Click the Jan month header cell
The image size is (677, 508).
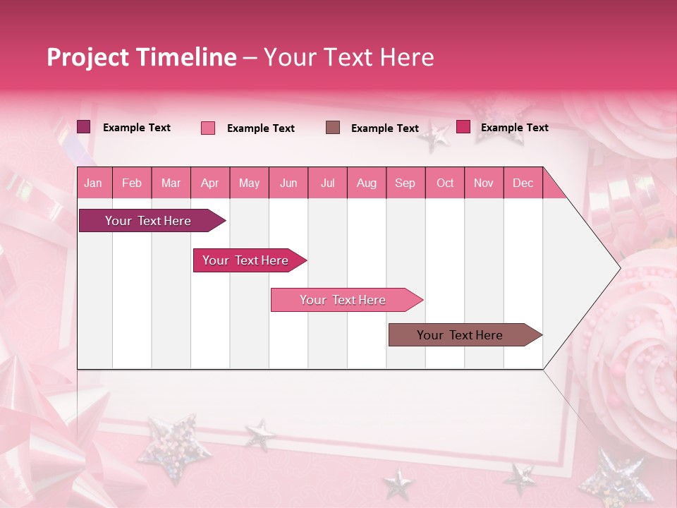pyautogui.click(x=94, y=183)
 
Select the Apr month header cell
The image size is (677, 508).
pyautogui.click(x=210, y=183)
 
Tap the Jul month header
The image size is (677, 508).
pyautogui.click(x=328, y=183)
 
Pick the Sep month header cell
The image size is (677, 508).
pyautogui.click(x=405, y=183)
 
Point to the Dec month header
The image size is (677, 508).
pyautogui.click(x=523, y=183)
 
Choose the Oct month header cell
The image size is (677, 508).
pyautogui.click(x=445, y=183)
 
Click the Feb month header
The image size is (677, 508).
pyautogui.click(x=132, y=183)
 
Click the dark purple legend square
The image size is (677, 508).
pyautogui.click(x=84, y=127)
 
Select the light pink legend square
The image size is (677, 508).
pyautogui.click(x=208, y=128)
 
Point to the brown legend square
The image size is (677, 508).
pyautogui.click(x=333, y=127)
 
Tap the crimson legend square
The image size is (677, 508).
pyautogui.click(x=463, y=127)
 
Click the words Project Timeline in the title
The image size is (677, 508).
pyautogui.click(x=141, y=57)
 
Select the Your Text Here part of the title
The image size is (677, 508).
pyautogui.click(x=349, y=57)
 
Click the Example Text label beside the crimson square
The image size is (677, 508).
pyautogui.click(x=515, y=128)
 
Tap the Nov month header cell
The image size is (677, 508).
pyautogui.click(x=484, y=183)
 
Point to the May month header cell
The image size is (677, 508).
pyautogui.click(x=249, y=183)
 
